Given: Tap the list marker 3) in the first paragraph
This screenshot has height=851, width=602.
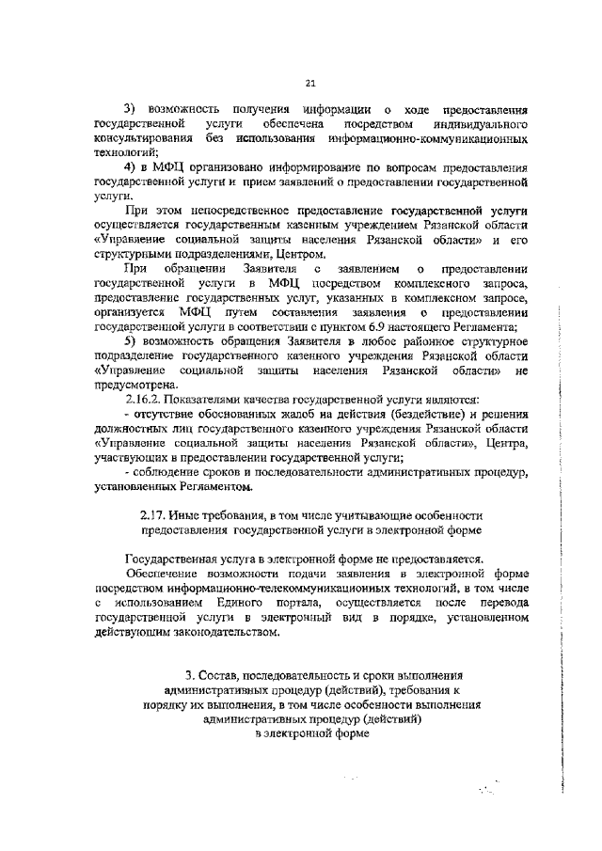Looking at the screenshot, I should pos(132,111).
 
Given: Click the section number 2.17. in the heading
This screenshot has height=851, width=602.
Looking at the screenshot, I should pos(155,516).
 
